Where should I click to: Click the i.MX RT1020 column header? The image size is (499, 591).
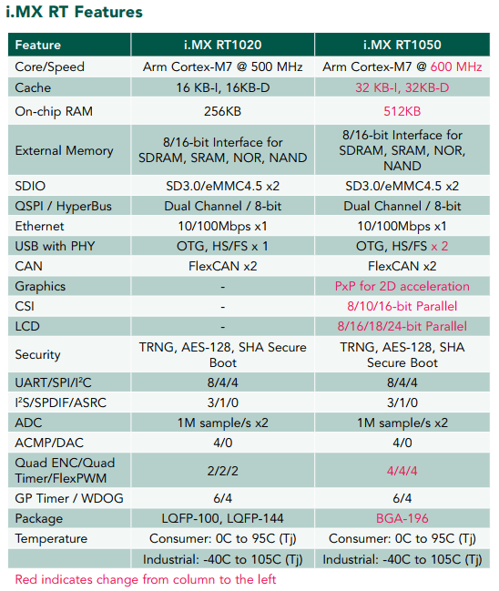(x=223, y=45)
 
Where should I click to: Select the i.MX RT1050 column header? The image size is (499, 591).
(x=402, y=45)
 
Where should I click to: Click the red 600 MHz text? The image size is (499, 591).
(x=456, y=66)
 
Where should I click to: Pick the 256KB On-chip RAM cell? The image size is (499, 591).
(x=223, y=111)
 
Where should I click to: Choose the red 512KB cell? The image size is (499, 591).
(x=402, y=111)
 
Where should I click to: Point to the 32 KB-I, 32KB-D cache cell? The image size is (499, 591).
(x=402, y=87)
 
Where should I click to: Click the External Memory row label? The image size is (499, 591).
(x=64, y=150)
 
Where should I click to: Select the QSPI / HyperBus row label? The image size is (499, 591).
(x=64, y=206)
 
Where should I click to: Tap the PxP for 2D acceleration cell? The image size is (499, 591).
(x=402, y=286)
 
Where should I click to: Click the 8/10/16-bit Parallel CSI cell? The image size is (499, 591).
(x=402, y=306)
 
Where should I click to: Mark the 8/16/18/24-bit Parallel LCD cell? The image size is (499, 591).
(x=402, y=326)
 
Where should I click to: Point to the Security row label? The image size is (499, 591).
(x=37, y=354)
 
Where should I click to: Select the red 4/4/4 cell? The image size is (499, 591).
(x=402, y=471)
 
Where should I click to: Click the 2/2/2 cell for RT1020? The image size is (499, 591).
(x=223, y=471)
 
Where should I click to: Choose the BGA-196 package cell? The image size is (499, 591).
(x=402, y=518)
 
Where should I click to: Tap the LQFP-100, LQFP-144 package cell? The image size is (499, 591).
(x=223, y=518)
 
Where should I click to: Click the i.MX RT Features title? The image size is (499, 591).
(x=75, y=12)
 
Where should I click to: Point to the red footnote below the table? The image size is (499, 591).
(x=146, y=579)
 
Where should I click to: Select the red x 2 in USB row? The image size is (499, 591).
(x=440, y=246)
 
